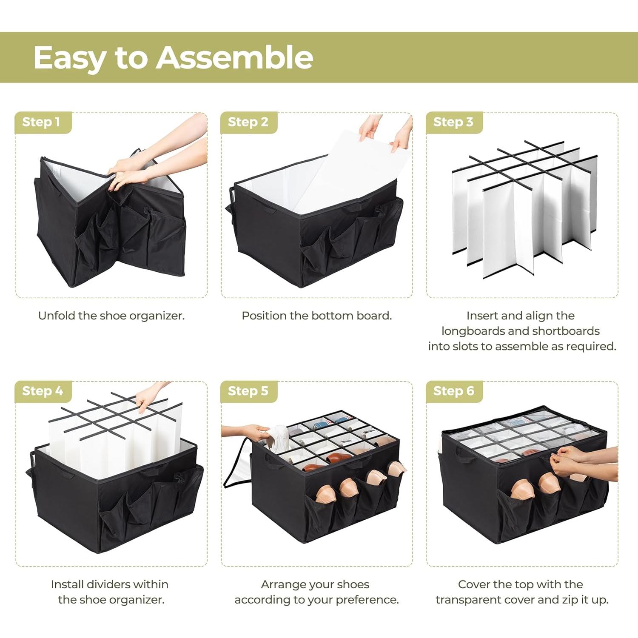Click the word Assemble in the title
coord(234,57)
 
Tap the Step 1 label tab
coord(41,122)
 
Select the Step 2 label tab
coord(248,122)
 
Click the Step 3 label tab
coord(453,122)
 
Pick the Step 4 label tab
coord(43,391)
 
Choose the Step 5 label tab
coord(248,391)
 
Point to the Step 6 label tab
coord(453,391)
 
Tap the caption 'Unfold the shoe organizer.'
coord(111,316)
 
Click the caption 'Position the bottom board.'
coord(316,316)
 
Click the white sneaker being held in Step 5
coord(279,438)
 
